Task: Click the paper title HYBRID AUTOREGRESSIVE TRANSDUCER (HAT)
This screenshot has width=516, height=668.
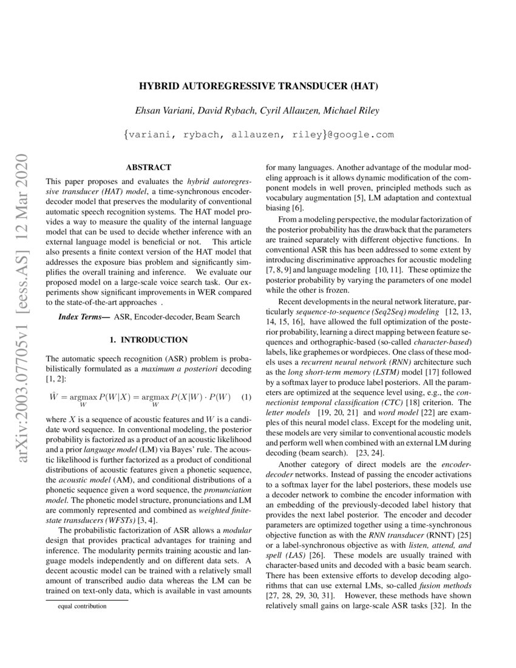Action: pyautogui.click(x=259, y=86)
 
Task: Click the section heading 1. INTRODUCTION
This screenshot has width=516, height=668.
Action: pyautogui.click(x=148, y=339)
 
